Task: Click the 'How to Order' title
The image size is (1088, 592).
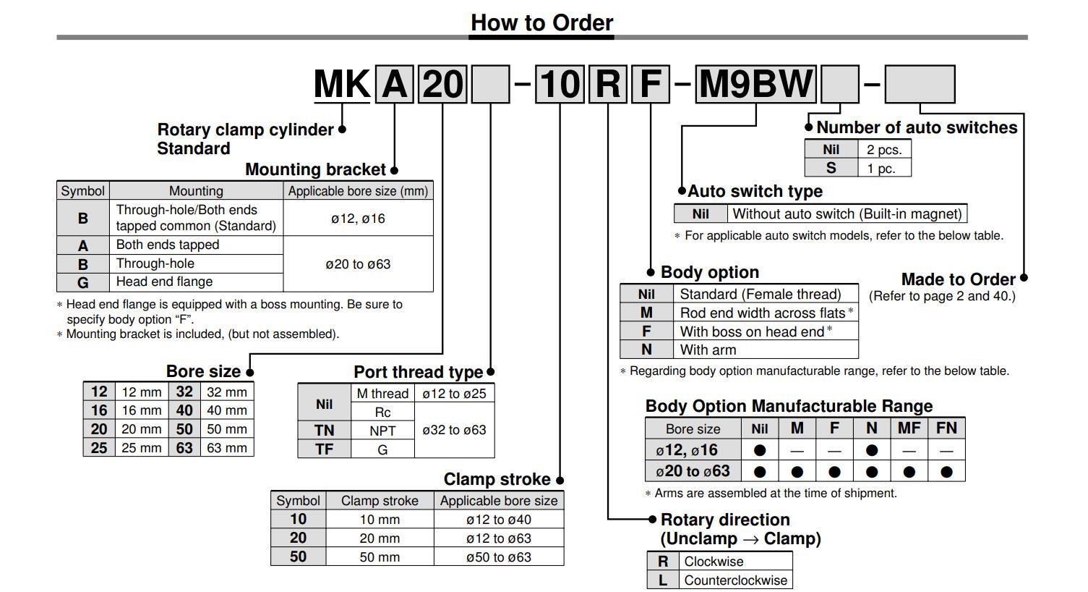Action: click(x=541, y=22)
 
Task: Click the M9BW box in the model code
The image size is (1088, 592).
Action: click(x=755, y=84)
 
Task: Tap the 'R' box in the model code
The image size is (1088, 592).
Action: click(x=607, y=84)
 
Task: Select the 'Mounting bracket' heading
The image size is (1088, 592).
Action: click(x=315, y=169)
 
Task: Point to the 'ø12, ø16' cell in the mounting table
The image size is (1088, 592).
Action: click(x=358, y=218)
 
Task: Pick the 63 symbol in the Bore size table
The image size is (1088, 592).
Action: click(x=184, y=447)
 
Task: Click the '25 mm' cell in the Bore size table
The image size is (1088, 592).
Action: click(x=142, y=447)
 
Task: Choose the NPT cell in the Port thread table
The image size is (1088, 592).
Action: click(x=382, y=430)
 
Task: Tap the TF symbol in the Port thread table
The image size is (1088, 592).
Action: click(x=324, y=449)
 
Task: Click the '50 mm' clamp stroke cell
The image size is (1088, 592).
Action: click(x=380, y=557)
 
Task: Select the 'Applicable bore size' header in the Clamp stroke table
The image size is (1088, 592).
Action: click(x=499, y=500)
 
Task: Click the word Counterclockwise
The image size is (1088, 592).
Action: click(x=735, y=580)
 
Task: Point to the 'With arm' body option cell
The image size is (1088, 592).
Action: click(x=708, y=350)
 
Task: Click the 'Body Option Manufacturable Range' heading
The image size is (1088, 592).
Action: click(x=789, y=406)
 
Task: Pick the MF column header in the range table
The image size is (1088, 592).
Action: click(x=909, y=428)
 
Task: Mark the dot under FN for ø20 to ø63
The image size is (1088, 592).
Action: click(x=946, y=472)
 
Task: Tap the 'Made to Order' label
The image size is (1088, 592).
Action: click(x=958, y=279)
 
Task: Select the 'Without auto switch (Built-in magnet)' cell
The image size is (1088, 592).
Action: click(x=847, y=213)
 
